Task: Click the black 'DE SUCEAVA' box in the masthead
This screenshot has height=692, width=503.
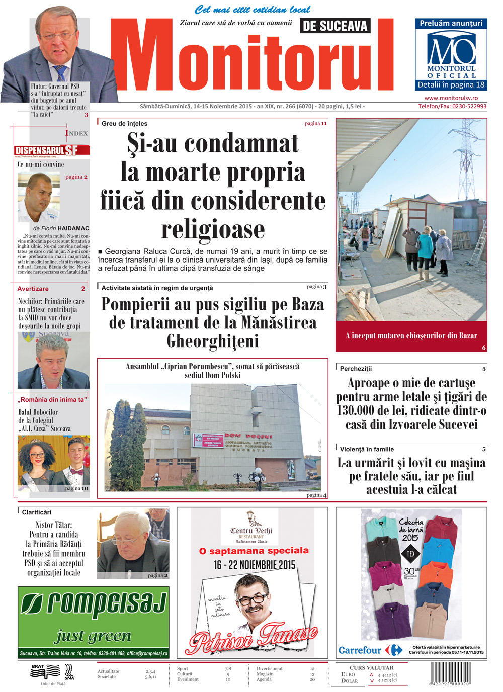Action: (x=335, y=26)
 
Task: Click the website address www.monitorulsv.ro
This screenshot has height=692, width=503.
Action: (x=451, y=98)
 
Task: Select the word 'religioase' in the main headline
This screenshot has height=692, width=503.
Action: (x=213, y=229)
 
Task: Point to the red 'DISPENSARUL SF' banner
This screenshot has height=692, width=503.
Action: (x=52, y=150)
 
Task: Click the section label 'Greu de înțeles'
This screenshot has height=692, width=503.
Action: (x=124, y=123)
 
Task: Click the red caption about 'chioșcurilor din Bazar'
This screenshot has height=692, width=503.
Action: (x=411, y=335)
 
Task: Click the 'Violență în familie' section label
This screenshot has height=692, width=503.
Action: (x=367, y=449)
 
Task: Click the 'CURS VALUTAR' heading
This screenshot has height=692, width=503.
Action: (x=371, y=667)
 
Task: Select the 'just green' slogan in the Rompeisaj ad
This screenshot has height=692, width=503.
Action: (x=93, y=636)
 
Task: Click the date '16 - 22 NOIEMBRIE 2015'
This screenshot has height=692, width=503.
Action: (x=254, y=565)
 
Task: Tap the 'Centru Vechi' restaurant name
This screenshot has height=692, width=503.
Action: (x=251, y=530)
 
